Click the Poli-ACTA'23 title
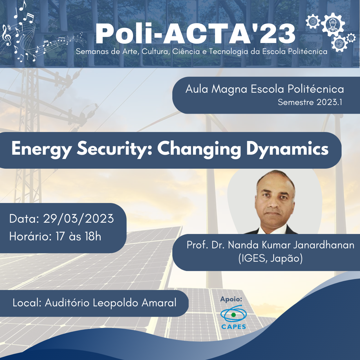coord(195,34)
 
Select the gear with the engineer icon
coord(333,25)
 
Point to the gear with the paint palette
coord(339,44)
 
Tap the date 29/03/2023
coord(79,219)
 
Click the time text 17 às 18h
coord(79,236)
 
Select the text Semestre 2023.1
coord(310,102)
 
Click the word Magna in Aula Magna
coord(229,89)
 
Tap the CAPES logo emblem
coord(233,314)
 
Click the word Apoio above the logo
coord(231,299)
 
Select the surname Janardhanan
coord(324,245)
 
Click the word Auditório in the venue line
coord(67,303)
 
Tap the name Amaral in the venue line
coord(159,303)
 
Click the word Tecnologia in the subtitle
coord(228,51)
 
